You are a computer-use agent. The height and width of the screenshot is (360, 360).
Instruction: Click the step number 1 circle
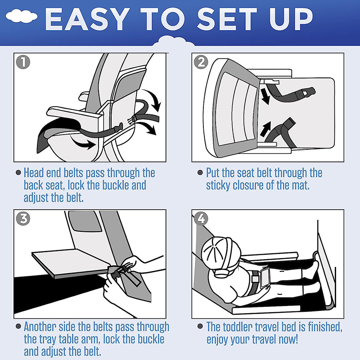pyautogui.click(x=23, y=62)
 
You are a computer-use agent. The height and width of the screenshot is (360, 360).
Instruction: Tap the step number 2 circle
pyautogui.click(x=201, y=62)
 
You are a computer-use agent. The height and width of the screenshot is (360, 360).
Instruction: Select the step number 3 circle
pyautogui.click(x=23, y=218)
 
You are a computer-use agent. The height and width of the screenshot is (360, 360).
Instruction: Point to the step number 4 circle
pyautogui.click(x=201, y=218)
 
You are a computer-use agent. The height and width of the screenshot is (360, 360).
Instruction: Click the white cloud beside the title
pyautogui.click(x=22, y=16)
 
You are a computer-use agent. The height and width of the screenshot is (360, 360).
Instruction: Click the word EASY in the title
pyautogui.click(x=86, y=19)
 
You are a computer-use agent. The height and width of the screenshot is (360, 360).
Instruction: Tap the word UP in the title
pyautogui.click(x=291, y=19)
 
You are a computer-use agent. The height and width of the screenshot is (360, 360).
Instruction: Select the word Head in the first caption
pyautogui.click(x=33, y=173)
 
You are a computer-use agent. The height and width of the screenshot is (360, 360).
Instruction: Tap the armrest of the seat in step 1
pyautogui.click(x=73, y=114)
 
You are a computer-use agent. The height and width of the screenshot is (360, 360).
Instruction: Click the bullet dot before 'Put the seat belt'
pyautogui.click(x=200, y=172)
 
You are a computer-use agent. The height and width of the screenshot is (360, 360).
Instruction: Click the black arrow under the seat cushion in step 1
pyautogui.click(x=83, y=143)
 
